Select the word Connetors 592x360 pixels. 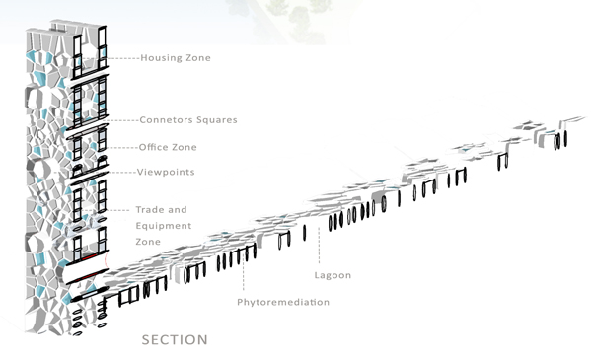pyautogui.click(x=171, y=120)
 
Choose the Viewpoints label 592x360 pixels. pyautogui.click(x=167, y=173)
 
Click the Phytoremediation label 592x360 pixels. pyautogui.click(x=283, y=302)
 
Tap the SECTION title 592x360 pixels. pyautogui.click(x=175, y=340)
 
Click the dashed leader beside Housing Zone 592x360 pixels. pyautogui.click(x=122, y=58)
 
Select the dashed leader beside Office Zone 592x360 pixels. pyautogui.click(x=123, y=147)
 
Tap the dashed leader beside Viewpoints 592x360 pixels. pyautogui.click(x=122, y=173)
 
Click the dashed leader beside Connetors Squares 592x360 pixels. pyautogui.click(x=122, y=120)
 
